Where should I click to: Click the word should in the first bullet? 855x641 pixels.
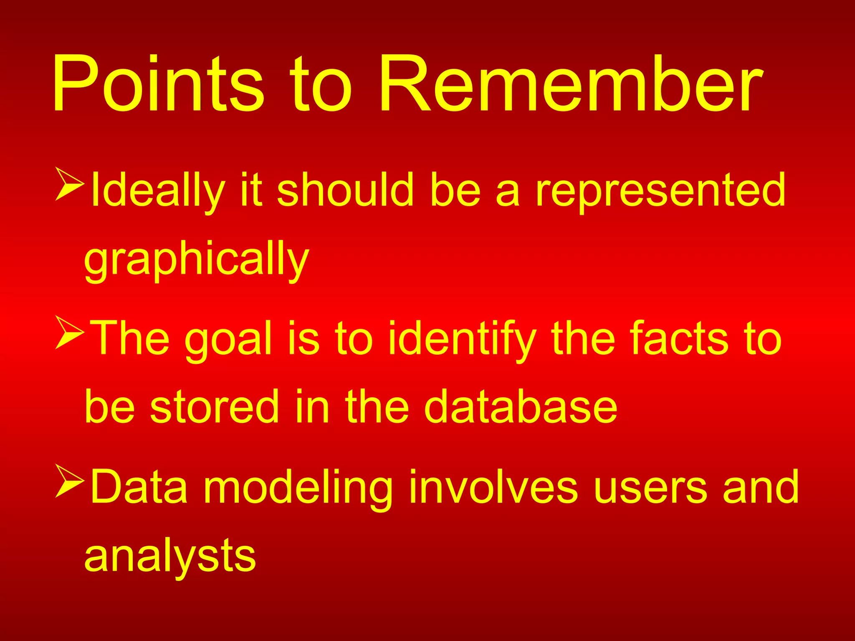pos(345,190)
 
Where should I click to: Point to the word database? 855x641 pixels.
pos(520,406)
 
